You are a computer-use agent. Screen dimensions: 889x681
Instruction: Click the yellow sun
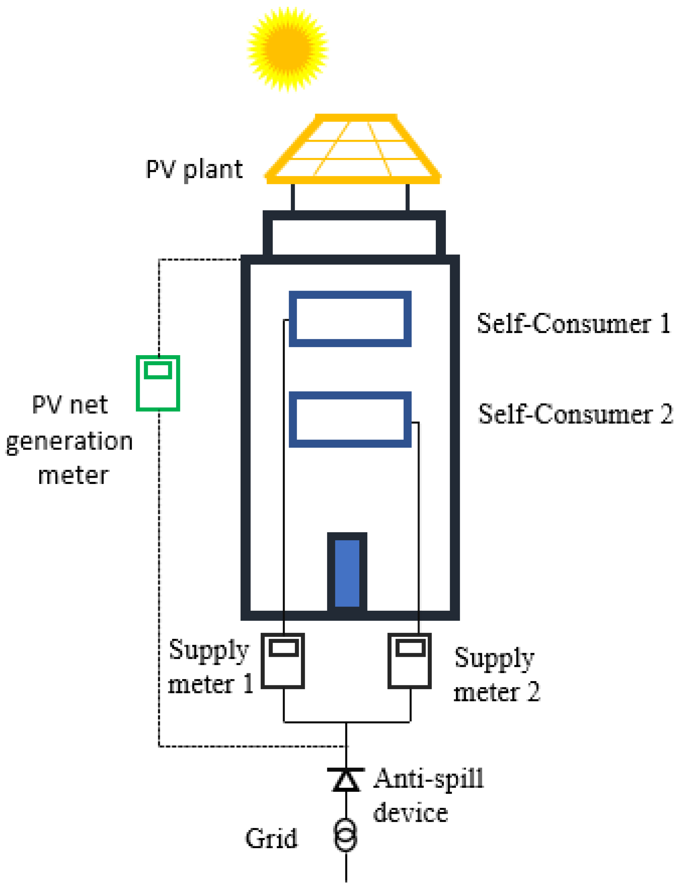click(x=287, y=49)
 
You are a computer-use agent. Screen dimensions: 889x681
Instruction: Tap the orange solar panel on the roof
click(x=353, y=149)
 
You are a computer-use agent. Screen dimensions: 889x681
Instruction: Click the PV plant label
click(x=194, y=169)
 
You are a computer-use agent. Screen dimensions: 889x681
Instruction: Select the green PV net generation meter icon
click(x=158, y=383)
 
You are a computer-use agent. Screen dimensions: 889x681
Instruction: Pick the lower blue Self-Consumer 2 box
click(x=350, y=419)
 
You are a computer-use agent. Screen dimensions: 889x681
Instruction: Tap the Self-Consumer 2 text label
click(x=575, y=414)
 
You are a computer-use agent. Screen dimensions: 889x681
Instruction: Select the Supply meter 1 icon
click(x=282, y=661)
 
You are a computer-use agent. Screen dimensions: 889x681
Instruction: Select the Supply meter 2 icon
click(x=409, y=661)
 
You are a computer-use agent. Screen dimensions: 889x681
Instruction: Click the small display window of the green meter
click(x=158, y=370)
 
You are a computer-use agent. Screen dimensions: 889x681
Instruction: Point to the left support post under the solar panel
click(x=293, y=197)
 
